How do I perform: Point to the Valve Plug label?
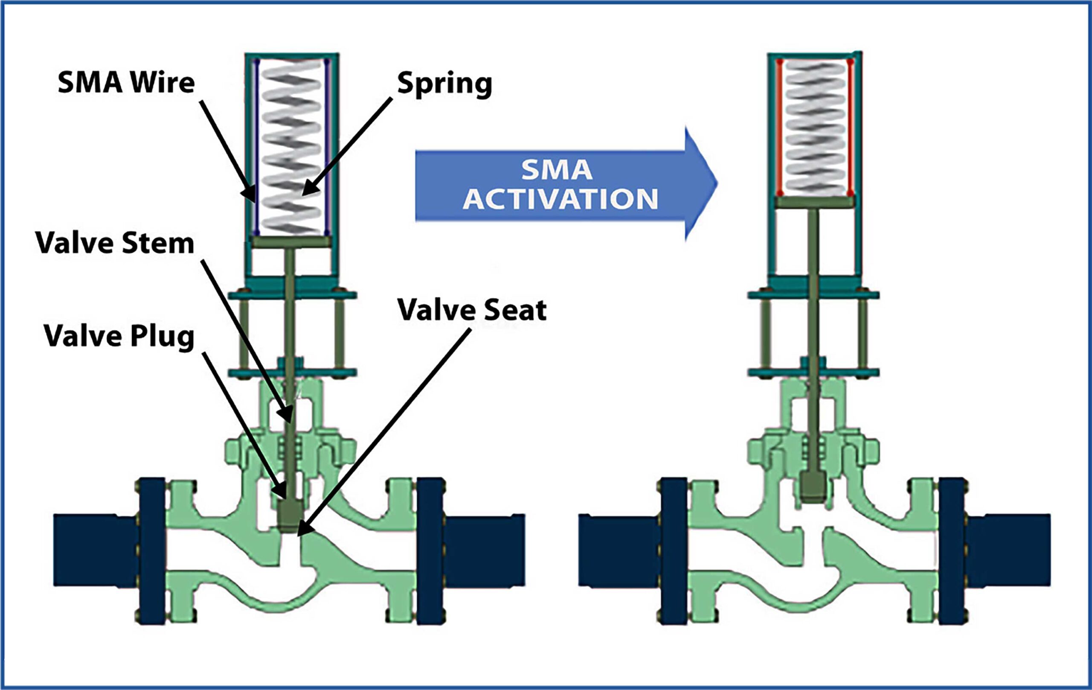pos(119,336)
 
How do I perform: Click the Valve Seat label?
pos(472,310)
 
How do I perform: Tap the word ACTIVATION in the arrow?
pos(560,199)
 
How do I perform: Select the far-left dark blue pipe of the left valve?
pos(95,550)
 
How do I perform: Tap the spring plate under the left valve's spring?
pos(291,242)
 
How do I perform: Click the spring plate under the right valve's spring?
pos(814,202)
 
